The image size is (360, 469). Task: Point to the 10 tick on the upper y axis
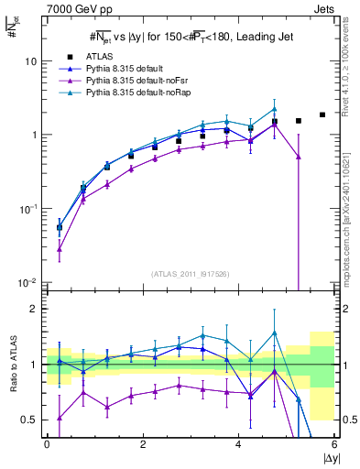pos(32,61)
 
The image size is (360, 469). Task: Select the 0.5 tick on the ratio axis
pos(32,420)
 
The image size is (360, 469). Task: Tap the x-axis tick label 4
pos(238,443)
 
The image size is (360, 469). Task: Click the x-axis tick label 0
pos(47,443)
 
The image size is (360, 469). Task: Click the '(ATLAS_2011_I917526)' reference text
pos(191,274)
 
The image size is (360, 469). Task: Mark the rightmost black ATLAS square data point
pos(322,115)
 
